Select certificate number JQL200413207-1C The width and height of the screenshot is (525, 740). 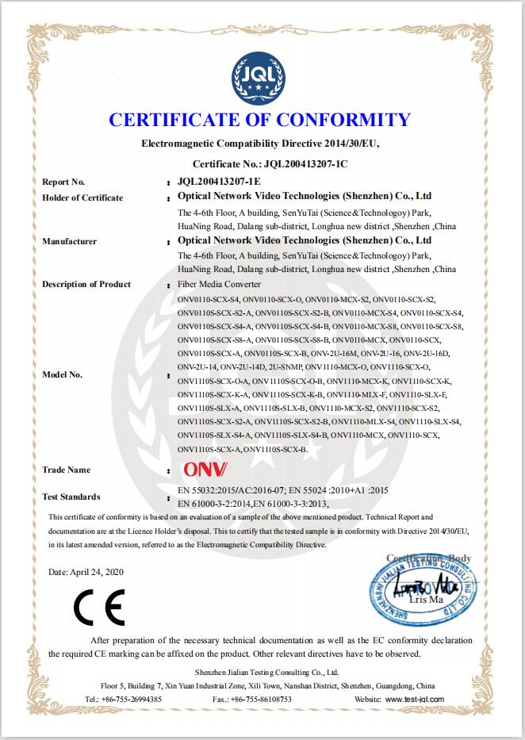pyautogui.click(x=302, y=163)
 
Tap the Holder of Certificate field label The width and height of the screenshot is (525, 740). pyautogui.click(x=82, y=197)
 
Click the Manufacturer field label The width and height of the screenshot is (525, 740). pyautogui.click(x=69, y=240)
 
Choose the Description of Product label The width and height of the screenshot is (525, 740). pyautogui.click(x=86, y=284)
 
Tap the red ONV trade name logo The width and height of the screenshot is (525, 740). pyautogui.click(x=205, y=470)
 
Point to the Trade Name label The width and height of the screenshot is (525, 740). pyautogui.click(x=66, y=470)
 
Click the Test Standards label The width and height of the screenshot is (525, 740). pyautogui.click(x=71, y=497)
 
